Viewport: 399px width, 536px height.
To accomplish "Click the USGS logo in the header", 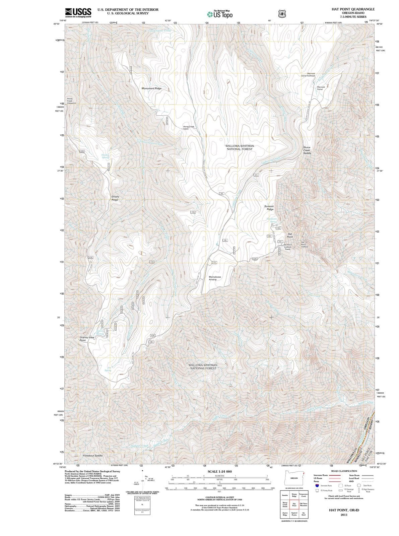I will coord(78,12).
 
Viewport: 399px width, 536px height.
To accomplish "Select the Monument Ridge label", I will coord(151,88).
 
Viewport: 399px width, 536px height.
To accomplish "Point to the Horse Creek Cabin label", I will coord(189,128).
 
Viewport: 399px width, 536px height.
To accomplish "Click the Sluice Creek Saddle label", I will coord(307,150).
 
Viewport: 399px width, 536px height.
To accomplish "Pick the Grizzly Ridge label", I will coord(115,198).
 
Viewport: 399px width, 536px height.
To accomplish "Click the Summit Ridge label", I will coord(269,208).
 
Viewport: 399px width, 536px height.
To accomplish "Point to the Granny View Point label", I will coord(87,339).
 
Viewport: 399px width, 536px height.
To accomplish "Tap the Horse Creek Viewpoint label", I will coord(71,101).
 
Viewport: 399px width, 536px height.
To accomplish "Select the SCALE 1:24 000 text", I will coord(219,471).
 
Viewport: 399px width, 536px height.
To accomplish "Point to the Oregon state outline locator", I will coord(294,478).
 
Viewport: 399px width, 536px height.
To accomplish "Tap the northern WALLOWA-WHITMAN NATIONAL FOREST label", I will coord(240,147).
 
